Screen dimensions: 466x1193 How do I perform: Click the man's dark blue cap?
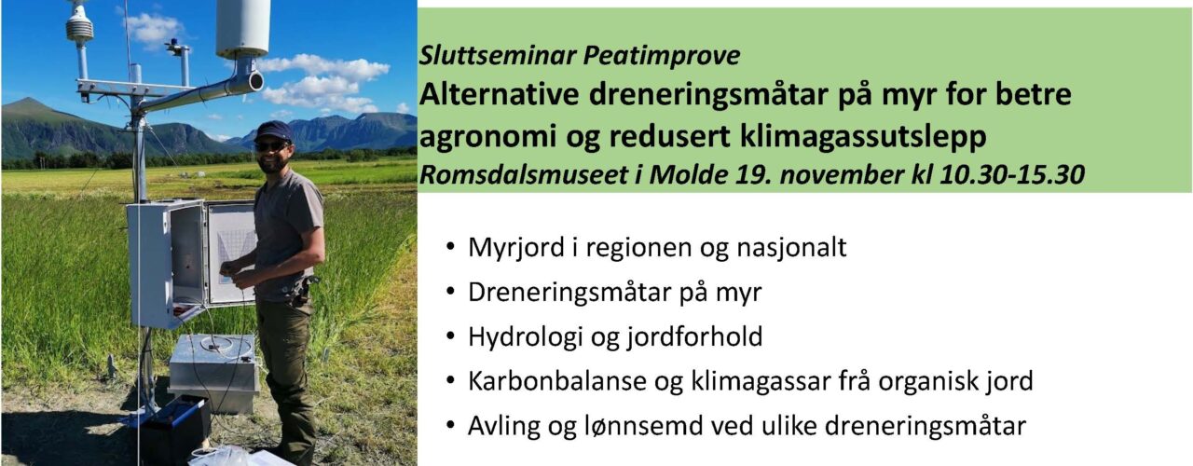point(273,130)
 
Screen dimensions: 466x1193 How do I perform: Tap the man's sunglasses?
point(271,144)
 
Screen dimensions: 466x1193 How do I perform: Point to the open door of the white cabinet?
point(230,253)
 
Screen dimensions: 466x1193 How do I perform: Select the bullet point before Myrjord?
point(451,249)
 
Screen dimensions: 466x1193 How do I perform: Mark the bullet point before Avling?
point(451,427)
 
